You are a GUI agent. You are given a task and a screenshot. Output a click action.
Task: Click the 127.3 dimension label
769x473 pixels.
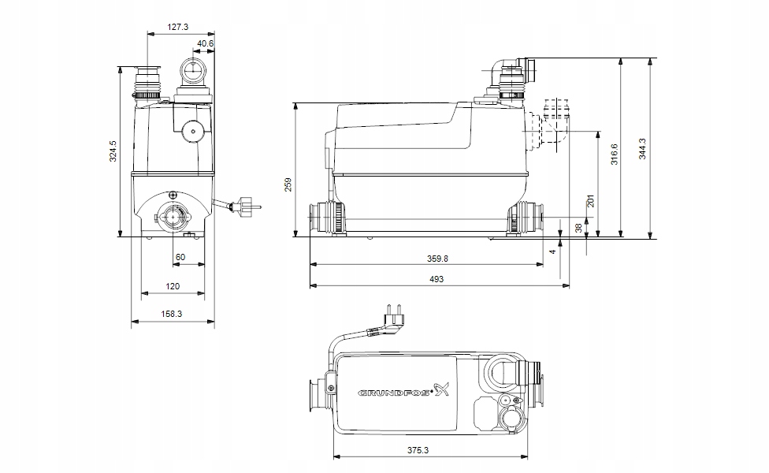pyautogui.click(x=178, y=27)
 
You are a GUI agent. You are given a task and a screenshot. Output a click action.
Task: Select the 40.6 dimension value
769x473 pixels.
pyautogui.click(x=206, y=43)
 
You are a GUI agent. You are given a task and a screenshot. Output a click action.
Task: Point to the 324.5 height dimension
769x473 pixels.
pyautogui.click(x=113, y=151)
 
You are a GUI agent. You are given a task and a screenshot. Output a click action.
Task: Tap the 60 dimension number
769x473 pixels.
pyautogui.click(x=180, y=258)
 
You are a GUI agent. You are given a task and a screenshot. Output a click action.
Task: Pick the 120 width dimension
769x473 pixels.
pyautogui.click(x=173, y=286)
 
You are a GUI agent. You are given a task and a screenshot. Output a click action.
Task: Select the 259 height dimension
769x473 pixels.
pyautogui.click(x=288, y=184)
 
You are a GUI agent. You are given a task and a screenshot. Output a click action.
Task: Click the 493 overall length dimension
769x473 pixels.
pyautogui.click(x=437, y=279)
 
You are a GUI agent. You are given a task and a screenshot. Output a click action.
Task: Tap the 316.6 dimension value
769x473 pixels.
pyautogui.click(x=615, y=152)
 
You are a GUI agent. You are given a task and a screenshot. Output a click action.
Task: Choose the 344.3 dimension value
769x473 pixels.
pyautogui.click(x=642, y=147)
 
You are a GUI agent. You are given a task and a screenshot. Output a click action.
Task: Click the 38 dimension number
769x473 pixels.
pyautogui.click(x=578, y=227)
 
